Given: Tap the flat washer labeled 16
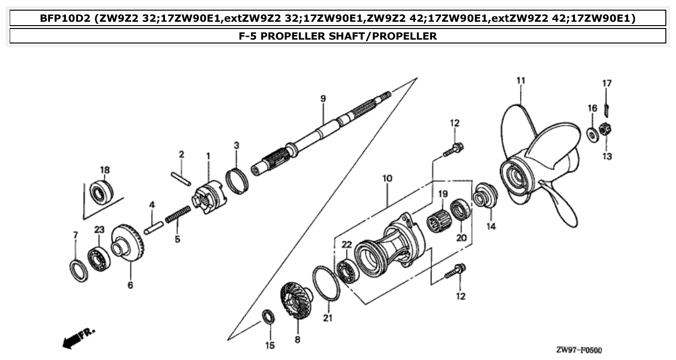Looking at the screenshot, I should (591, 134).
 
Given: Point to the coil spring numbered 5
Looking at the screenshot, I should (177, 214).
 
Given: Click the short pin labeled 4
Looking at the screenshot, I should (153, 227).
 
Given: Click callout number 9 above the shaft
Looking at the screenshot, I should (323, 99).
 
